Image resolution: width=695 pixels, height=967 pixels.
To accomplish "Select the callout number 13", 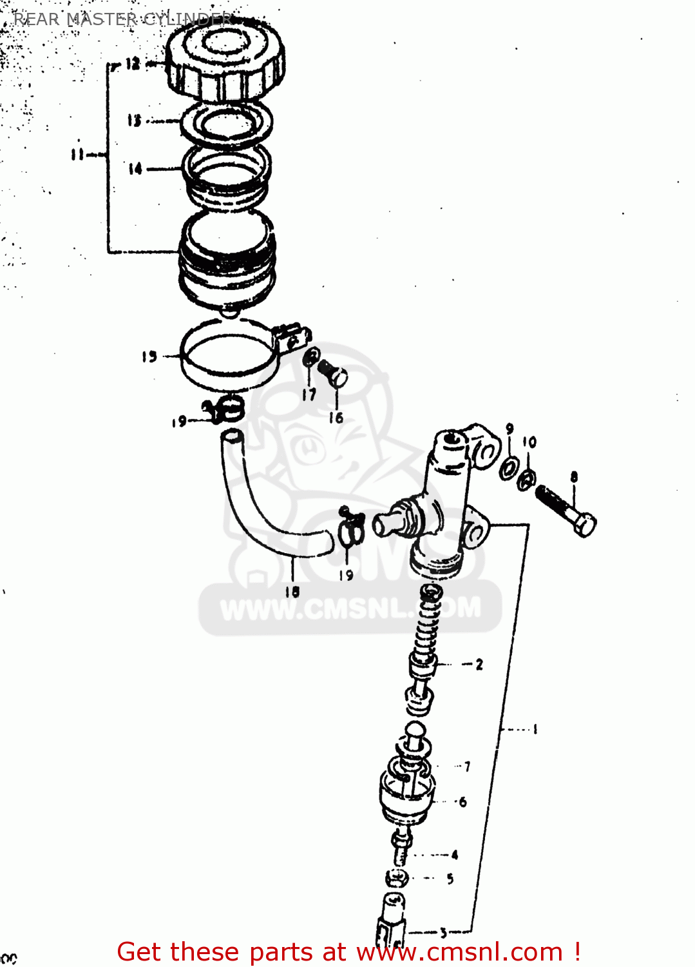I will pos(134,121).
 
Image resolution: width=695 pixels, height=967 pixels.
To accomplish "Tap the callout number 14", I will pos(135,169).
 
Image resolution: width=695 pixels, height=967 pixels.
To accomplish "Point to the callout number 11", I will pos(77,154).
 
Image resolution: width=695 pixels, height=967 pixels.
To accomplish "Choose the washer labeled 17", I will pos(311,358).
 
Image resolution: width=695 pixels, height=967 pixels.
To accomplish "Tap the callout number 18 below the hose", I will pos(292,591).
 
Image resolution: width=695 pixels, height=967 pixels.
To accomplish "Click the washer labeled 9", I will pos(508,469).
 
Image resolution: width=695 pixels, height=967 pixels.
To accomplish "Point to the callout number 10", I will pos(529,442).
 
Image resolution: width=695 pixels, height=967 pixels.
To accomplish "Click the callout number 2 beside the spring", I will pos(479,664).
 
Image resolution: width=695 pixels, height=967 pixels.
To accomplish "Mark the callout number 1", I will pos(535,729).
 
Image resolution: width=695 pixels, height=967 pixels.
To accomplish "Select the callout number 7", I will pos(467,766).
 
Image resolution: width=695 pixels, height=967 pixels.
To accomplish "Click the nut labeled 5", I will pos(397,877).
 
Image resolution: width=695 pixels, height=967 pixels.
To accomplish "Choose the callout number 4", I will pos(455,855).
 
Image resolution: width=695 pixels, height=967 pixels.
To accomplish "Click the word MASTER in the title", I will pos(101,19).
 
